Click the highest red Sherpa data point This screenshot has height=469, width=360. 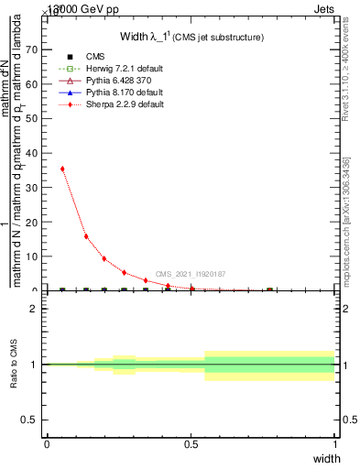pos(62,169)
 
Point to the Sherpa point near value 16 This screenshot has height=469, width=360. pos(86,236)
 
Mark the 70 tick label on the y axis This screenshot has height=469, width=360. pos(34,50)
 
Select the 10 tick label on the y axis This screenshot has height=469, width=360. pos(34,256)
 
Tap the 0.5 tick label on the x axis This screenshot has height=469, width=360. pos(191,443)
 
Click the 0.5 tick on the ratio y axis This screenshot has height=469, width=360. pos(33,420)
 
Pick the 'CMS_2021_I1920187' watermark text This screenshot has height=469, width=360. pos(191,274)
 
